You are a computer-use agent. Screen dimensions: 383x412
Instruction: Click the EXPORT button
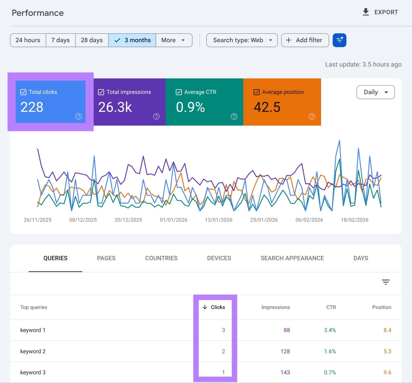[x=380, y=12]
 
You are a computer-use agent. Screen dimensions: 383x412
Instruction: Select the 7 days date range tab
[x=61, y=40]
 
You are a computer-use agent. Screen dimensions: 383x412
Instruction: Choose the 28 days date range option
[x=92, y=40]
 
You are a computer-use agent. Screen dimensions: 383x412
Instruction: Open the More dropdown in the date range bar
[x=174, y=40]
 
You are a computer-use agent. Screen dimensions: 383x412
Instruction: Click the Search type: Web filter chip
[x=242, y=40]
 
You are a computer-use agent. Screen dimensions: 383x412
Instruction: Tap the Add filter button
[x=305, y=40]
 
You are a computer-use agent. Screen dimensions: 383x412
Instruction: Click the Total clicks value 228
[x=32, y=107]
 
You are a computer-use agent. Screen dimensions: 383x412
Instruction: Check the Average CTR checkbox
[x=179, y=92]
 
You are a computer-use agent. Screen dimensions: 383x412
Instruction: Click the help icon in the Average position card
[x=312, y=116]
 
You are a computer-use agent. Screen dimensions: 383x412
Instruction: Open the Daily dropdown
[x=375, y=92]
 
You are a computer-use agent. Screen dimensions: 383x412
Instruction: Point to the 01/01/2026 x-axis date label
[x=174, y=220]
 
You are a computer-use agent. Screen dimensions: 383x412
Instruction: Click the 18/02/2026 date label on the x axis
[x=355, y=220]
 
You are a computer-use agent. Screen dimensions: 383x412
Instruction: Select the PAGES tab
[x=106, y=258]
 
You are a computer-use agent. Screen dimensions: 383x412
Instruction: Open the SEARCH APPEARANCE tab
[x=292, y=258]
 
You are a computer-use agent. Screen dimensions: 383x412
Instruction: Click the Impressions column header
[x=275, y=307]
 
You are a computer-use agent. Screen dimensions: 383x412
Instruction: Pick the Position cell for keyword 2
[x=387, y=351]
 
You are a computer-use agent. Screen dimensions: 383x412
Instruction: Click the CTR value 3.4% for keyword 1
[x=330, y=330]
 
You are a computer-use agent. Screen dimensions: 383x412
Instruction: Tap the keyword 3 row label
[x=33, y=372]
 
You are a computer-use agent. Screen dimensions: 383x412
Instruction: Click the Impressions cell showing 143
[x=285, y=372]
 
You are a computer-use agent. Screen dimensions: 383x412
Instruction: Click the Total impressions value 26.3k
[x=115, y=107]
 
